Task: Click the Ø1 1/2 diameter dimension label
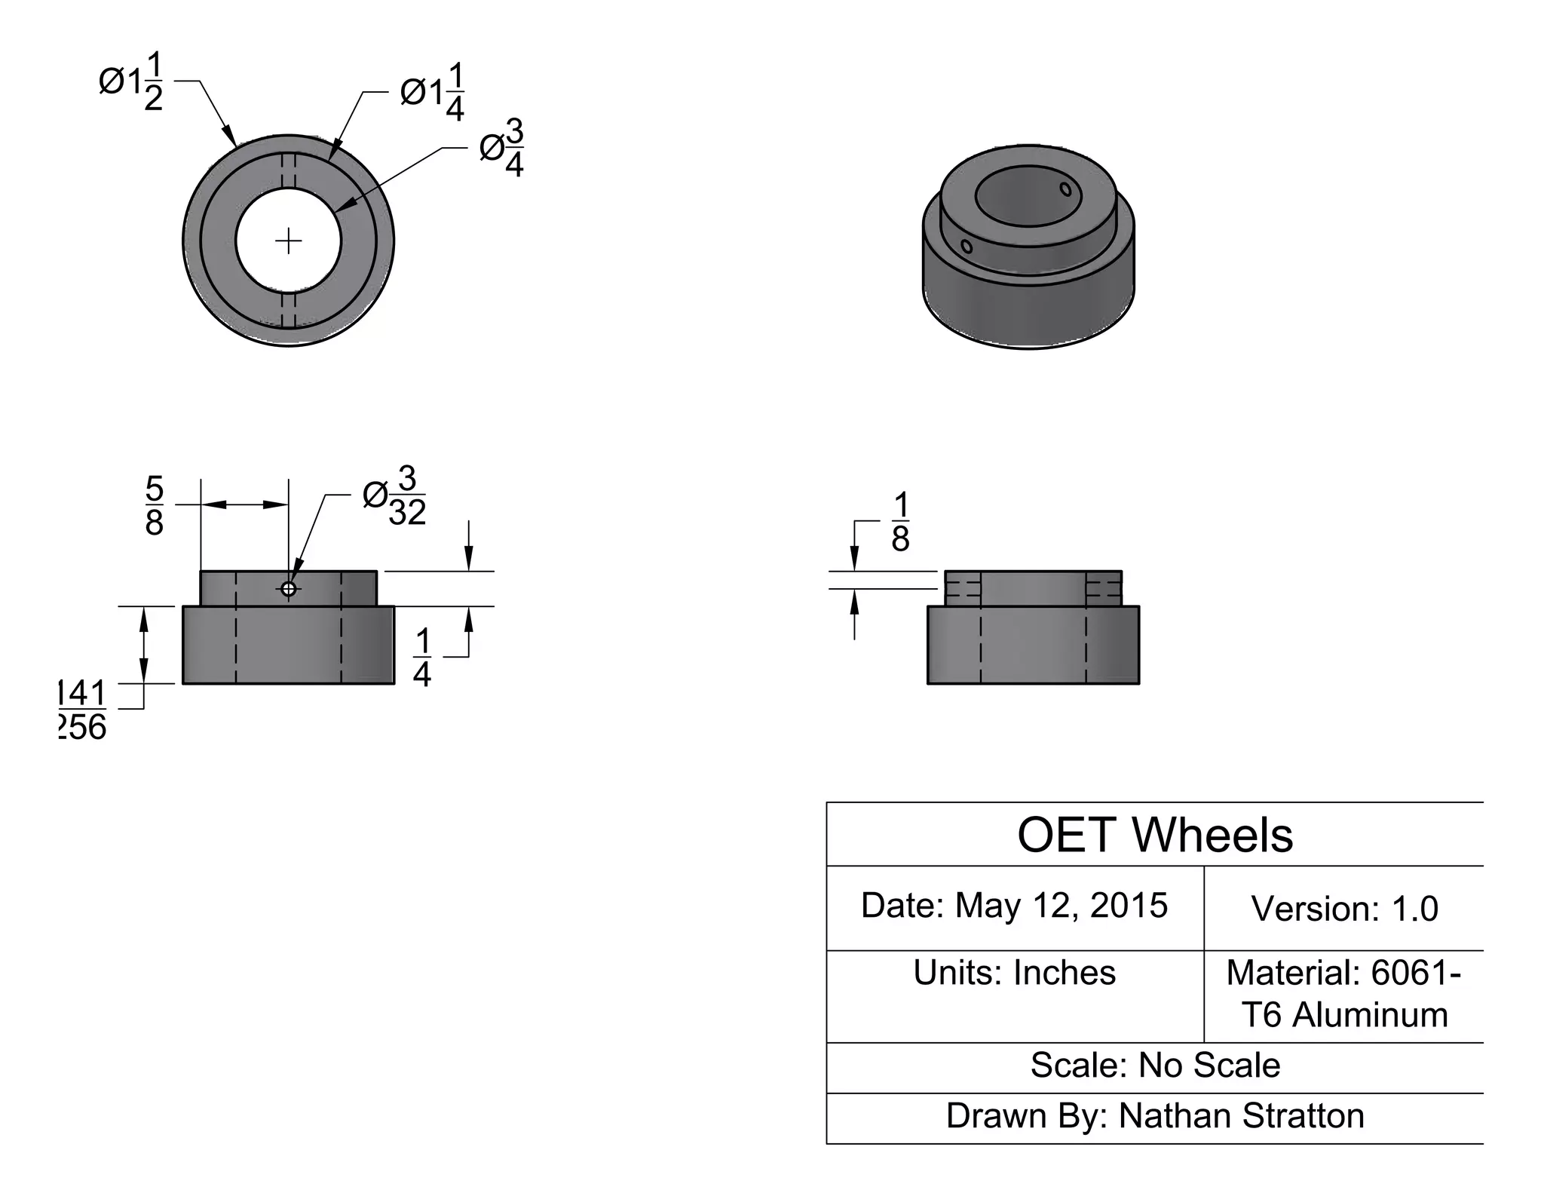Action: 131,81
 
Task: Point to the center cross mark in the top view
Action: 289,241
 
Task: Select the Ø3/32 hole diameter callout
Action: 395,496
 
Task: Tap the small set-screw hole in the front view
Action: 289,588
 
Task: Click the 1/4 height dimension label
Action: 422,658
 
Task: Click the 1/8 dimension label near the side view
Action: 900,523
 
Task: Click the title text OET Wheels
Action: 1155,836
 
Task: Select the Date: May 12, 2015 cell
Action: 1015,906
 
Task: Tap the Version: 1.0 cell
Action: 1345,909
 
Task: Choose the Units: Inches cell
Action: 1015,973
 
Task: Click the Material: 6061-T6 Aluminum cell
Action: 1344,994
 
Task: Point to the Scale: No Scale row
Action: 1155,1066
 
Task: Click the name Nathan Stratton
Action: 1242,1116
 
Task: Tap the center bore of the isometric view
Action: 1028,197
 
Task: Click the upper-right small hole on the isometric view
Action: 1065,189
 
